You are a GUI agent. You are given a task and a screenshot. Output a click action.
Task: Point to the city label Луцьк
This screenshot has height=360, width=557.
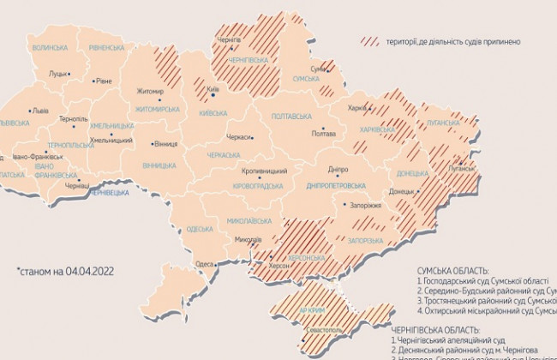(58, 74)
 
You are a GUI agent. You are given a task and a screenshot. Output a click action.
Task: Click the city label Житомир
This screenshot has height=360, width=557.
(149, 91)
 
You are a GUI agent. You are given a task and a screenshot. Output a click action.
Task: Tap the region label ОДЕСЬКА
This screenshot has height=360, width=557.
(199, 229)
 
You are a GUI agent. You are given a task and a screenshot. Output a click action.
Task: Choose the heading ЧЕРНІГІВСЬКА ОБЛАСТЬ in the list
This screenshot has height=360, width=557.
(461, 330)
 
